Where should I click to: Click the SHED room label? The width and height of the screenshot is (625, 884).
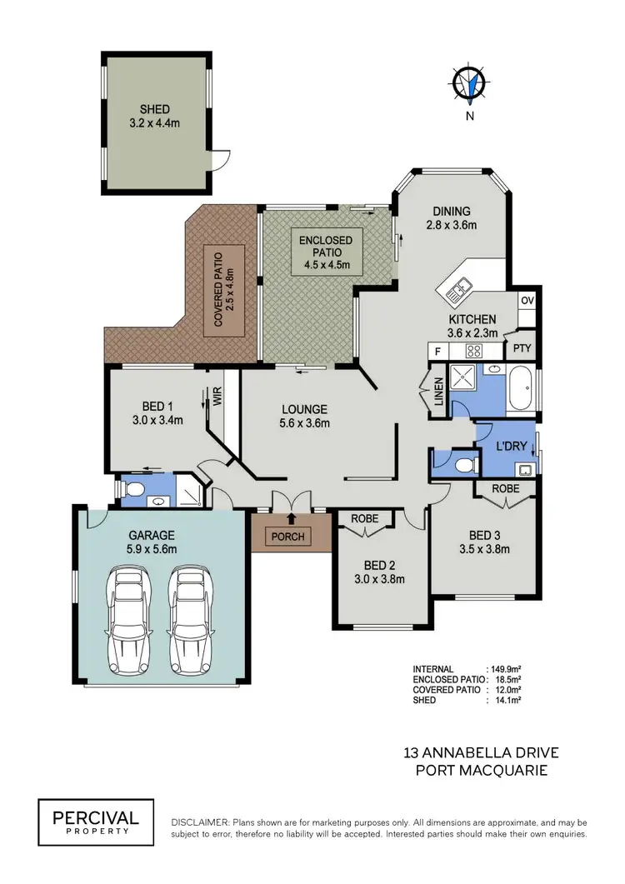pyautogui.click(x=154, y=109)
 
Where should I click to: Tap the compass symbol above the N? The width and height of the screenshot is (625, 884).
pyautogui.click(x=469, y=83)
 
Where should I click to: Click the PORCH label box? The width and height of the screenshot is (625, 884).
pyautogui.click(x=288, y=536)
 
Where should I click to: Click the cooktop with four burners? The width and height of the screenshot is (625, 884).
pyautogui.click(x=475, y=351)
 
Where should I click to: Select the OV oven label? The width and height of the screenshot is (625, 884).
pyautogui.click(x=527, y=300)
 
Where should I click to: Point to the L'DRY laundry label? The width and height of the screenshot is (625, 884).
pyautogui.click(x=511, y=446)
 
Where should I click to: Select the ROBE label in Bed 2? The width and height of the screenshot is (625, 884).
pyautogui.click(x=364, y=518)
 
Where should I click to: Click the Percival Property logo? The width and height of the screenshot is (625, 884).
pyautogui.click(x=96, y=817)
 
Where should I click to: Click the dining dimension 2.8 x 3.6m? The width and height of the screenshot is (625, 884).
pyautogui.click(x=451, y=225)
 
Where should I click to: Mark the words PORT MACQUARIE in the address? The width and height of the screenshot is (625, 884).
pyautogui.click(x=481, y=771)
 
